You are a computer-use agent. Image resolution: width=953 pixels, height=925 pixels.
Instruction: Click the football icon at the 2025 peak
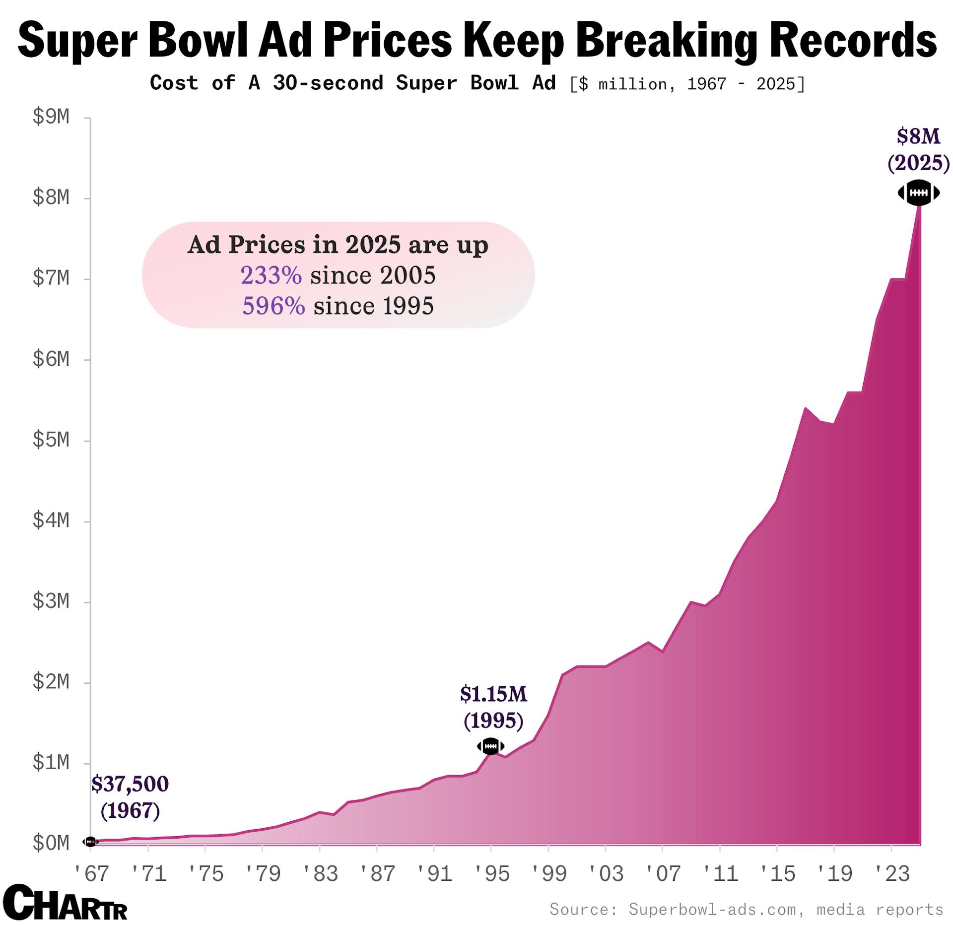(x=918, y=193)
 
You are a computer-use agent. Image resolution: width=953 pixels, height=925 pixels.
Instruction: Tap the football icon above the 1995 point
(x=490, y=746)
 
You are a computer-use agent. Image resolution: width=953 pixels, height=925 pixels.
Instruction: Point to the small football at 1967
(x=90, y=842)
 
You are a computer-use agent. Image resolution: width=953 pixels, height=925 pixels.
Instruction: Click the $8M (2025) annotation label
(x=918, y=149)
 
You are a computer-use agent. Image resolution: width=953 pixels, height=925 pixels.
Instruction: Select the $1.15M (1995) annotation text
(x=493, y=707)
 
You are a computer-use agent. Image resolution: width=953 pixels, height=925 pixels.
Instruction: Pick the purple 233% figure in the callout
(x=271, y=275)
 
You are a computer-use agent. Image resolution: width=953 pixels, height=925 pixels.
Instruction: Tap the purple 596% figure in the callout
(x=273, y=306)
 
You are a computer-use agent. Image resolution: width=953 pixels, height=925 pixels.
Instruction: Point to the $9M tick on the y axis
(x=51, y=117)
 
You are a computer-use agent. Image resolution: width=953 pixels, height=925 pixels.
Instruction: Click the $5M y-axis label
(x=51, y=440)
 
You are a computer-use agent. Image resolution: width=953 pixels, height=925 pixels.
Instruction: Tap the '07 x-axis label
(x=663, y=873)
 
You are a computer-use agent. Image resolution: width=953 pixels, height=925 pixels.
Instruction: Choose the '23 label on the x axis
(x=891, y=873)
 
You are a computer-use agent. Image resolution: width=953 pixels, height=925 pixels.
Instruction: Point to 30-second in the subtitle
(x=328, y=83)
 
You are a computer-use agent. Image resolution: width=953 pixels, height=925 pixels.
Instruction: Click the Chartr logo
(x=65, y=902)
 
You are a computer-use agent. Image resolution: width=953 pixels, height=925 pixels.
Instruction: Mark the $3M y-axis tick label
(x=51, y=601)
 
